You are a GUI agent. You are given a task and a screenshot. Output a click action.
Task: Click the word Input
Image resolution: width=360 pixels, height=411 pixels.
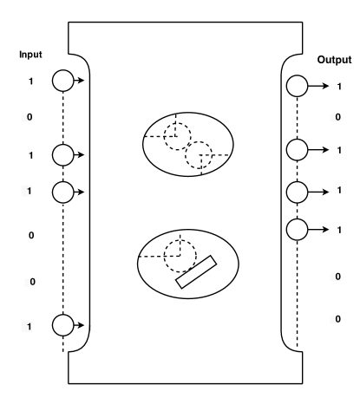pos(31,55)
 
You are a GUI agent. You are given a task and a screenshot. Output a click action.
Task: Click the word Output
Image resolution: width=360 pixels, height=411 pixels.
pos(334,60)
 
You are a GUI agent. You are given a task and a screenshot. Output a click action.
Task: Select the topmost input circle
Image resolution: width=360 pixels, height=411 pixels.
pos(63,82)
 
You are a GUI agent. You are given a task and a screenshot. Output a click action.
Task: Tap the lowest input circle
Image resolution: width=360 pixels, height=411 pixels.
pos(63,325)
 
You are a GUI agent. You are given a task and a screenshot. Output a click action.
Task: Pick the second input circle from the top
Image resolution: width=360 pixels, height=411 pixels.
pos(63,155)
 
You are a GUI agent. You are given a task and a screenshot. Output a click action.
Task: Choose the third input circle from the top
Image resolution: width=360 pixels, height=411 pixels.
pos(63,190)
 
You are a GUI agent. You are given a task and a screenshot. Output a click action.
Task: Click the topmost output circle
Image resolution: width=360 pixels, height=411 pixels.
pos(297,86)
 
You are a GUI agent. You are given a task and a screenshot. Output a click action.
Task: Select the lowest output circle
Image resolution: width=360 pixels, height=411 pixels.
pos(297,229)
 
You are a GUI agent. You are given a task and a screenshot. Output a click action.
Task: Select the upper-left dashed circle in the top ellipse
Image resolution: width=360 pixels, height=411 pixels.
pos(178,132)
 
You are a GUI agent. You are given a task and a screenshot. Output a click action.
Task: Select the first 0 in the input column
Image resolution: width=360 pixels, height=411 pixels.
pos(31,116)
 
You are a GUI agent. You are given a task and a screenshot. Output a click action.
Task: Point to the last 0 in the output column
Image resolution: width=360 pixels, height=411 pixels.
pos(337,318)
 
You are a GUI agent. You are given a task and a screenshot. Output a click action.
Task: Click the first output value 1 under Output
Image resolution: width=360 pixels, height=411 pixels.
pos(337,87)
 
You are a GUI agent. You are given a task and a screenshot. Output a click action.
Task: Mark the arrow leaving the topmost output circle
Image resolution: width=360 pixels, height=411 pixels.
pos(318,86)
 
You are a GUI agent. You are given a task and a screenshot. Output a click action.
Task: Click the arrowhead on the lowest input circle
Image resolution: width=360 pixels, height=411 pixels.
pos(81,325)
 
